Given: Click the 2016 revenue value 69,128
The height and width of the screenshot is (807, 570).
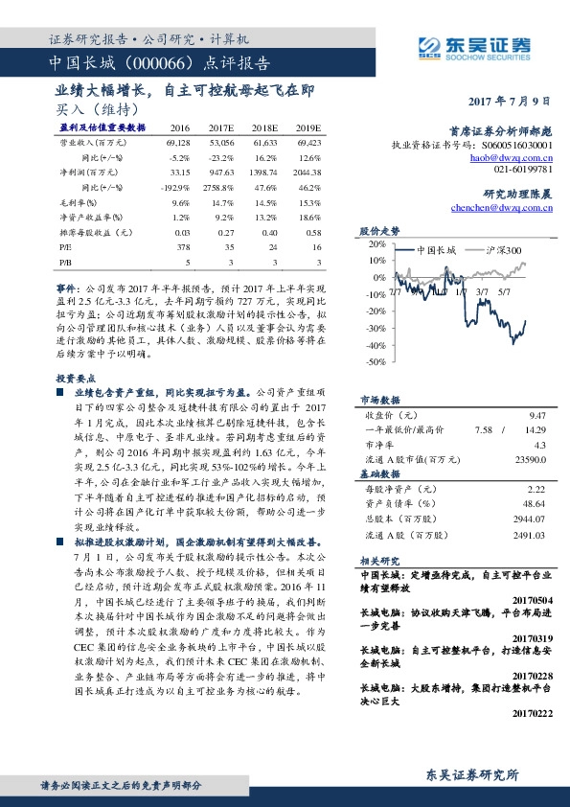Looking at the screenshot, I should [x=177, y=141].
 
